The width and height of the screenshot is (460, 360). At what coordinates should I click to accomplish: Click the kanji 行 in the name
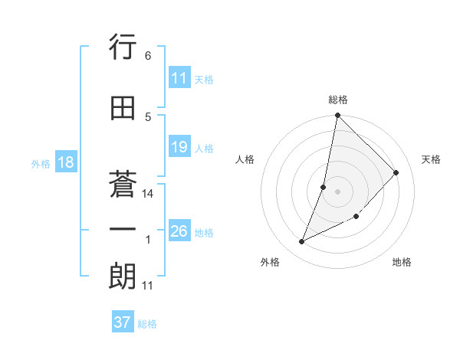click(x=123, y=47)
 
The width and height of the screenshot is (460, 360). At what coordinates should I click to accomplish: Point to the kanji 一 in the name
click(x=123, y=231)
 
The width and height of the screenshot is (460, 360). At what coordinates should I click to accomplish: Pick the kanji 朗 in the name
click(x=123, y=277)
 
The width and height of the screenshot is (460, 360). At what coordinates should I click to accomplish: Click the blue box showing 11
click(x=179, y=79)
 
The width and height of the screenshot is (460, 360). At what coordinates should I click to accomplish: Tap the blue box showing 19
click(x=179, y=148)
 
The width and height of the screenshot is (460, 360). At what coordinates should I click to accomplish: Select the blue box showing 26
click(x=179, y=232)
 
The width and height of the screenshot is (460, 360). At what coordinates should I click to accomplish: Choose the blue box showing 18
click(x=65, y=163)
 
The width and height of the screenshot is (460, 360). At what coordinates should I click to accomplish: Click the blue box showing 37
click(x=123, y=322)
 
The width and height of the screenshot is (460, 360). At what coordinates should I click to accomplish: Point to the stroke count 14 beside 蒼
click(x=148, y=194)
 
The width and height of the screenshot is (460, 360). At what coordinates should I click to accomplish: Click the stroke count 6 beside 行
click(x=148, y=56)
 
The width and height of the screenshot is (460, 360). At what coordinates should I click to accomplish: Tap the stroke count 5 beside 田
click(x=148, y=117)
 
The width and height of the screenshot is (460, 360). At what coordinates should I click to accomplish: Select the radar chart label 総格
click(x=338, y=100)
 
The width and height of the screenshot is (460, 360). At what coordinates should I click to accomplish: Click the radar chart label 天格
click(x=432, y=159)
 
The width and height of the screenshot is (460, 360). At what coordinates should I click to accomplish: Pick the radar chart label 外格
click(x=270, y=262)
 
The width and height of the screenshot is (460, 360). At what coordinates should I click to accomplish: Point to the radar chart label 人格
click(x=245, y=159)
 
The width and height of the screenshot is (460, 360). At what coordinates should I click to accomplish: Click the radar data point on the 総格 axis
click(x=337, y=116)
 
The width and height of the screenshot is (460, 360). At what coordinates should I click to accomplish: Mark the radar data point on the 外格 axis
click(x=302, y=242)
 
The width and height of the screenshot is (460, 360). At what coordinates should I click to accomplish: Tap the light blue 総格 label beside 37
click(x=147, y=324)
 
